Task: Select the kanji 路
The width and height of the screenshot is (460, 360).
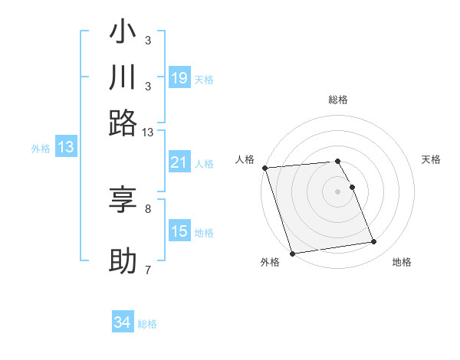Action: pos(123,121)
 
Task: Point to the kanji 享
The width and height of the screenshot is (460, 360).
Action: pos(123,200)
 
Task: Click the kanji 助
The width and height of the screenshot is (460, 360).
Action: pos(123,260)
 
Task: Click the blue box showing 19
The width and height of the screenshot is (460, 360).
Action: pos(179,77)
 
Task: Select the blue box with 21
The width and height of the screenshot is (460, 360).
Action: pos(179,162)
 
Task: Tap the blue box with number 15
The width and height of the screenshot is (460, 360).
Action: pos(179,231)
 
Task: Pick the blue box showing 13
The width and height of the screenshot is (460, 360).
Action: pos(65,148)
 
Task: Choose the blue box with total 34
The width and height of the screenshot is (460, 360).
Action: pos(123,322)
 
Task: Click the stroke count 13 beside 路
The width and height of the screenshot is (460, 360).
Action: pos(148,133)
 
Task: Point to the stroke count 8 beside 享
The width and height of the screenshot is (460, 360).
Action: pos(148,208)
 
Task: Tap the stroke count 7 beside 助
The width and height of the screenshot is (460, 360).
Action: pos(148,269)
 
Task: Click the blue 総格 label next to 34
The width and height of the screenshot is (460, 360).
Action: pos(147,324)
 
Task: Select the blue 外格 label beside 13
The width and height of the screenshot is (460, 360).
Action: pos(41,149)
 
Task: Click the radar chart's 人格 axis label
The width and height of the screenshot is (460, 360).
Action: pos(245,159)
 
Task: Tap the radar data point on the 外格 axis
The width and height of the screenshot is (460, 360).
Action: pos(292,253)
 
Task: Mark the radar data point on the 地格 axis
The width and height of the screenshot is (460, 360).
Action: pos(373,242)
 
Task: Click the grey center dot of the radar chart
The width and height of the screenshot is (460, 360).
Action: pos(337,191)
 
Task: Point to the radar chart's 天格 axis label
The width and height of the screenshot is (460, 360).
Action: pos(431,159)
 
